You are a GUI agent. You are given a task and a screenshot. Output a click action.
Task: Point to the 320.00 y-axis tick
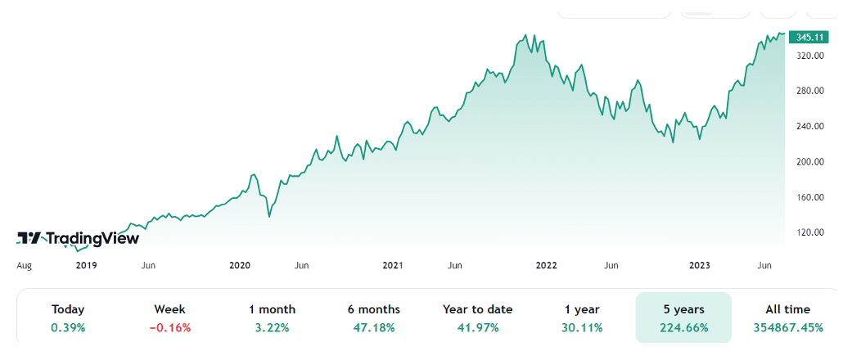click(x=809, y=56)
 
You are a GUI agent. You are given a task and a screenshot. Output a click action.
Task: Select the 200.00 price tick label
click(x=809, y=162)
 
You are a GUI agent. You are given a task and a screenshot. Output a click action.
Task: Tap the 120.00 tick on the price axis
click(x=809, y=232)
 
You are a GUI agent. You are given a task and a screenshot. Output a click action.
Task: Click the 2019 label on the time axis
click(x=87, y=265)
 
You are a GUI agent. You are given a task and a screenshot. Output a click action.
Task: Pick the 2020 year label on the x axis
click(x=240, y=265)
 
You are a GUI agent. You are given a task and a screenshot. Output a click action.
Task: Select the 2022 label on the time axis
click(x=546, y=265)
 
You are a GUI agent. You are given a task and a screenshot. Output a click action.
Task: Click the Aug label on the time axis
click(x=25, y=265)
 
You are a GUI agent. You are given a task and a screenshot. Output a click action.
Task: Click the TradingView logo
click(x=79, y=238)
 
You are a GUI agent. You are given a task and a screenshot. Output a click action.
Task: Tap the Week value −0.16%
click(x=170, y=328)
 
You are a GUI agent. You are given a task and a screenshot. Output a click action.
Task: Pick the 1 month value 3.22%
click(x=273, y=328)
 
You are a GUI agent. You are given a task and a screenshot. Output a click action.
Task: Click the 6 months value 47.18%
click(x=374, y=328)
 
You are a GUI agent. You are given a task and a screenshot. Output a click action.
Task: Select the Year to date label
click(x=477, y=309)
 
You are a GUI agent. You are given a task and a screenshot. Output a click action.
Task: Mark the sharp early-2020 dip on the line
click(x=269, y=217)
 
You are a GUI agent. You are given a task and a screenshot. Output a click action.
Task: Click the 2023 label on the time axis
click(x=699, y=265)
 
